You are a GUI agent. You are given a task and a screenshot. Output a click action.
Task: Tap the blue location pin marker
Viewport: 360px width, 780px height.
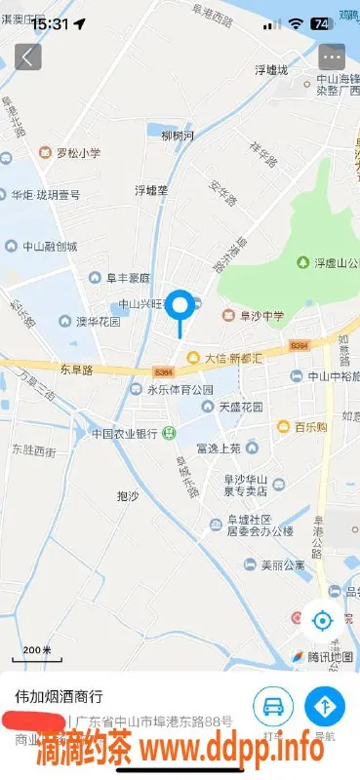point(180,306)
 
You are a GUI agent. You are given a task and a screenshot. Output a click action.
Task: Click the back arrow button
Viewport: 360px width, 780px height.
point(27,57)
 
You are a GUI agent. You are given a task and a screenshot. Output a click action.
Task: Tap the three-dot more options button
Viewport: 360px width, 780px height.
point(332,57)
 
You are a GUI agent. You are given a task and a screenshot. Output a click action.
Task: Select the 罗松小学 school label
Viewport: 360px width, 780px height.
point(72,153)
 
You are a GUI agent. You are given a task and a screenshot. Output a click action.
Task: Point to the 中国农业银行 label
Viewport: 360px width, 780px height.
point(125,434)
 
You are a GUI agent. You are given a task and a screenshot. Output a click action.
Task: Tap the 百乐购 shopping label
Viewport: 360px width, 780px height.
point(305,426)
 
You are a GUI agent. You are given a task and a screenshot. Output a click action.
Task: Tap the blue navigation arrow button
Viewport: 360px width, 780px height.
point(324,705)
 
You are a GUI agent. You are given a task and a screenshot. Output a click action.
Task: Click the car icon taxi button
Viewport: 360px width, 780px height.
point(273,705)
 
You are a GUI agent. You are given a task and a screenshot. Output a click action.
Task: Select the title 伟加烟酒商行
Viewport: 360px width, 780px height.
point(59,697)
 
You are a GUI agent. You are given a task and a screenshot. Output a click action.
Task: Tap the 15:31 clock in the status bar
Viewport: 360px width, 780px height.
point(49,23)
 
